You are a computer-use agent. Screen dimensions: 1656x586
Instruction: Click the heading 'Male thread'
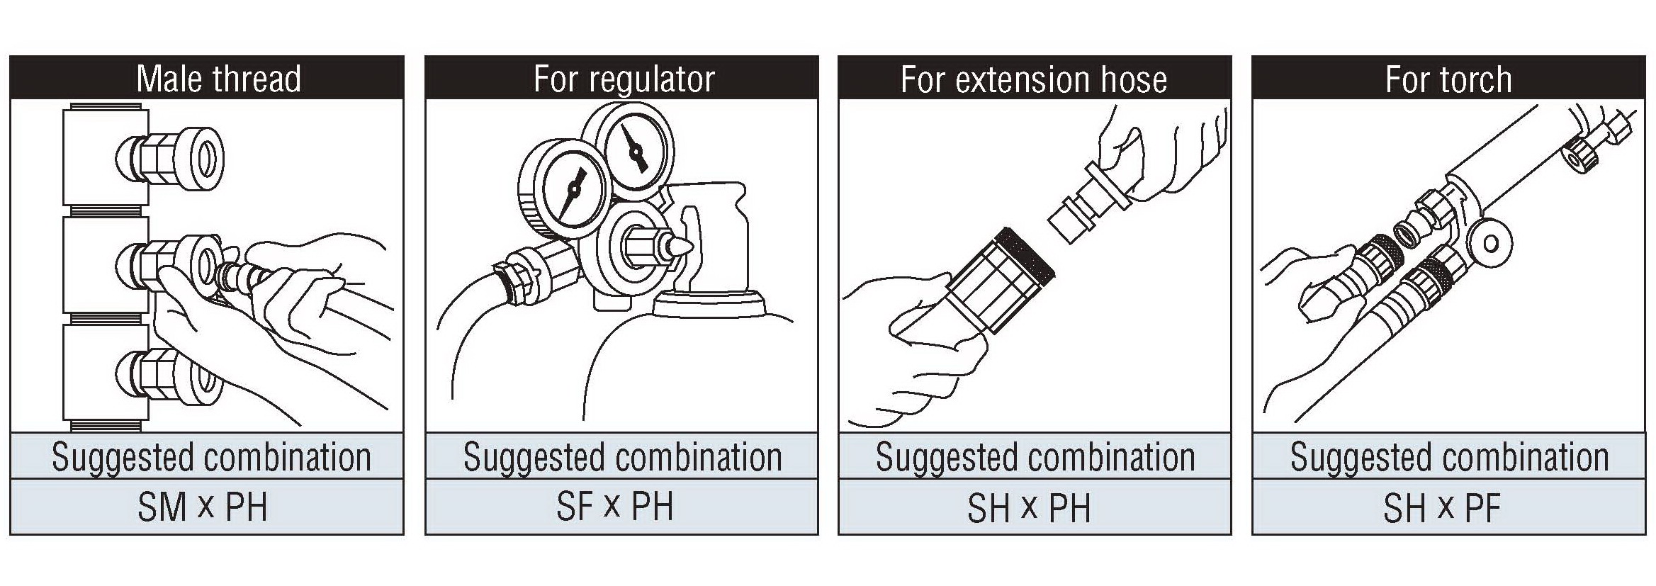point(218,78)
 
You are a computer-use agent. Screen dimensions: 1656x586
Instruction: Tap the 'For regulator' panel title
point(624,79)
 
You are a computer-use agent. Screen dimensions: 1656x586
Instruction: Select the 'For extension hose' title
point(1034,79)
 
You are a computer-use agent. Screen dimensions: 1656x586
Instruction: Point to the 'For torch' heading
point(1448,79)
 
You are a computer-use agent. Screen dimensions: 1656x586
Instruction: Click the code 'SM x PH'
point(203,507)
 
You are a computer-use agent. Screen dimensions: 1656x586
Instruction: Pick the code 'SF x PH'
point(614,507)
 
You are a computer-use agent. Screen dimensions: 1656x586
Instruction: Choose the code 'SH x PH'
point(1029,507)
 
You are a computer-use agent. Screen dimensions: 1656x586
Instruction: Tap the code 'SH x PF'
point(1442,507)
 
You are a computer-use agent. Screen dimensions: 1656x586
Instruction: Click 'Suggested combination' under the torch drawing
point(1449,457)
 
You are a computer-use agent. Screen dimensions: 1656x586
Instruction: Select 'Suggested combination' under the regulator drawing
point(622,457)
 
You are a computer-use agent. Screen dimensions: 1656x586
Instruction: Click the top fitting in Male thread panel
point(170,157)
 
